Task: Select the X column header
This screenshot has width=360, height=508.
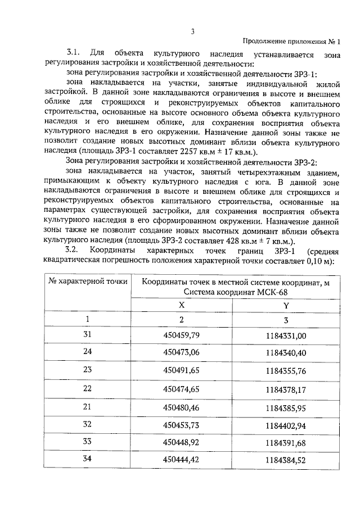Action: [181, 305]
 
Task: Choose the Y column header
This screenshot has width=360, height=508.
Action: [286, 305]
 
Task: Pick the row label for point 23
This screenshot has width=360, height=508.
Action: [87, 370]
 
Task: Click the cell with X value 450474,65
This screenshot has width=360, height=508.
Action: [181, 388]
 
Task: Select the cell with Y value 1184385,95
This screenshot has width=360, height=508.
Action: [286, 406]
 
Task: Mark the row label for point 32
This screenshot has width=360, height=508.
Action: [87, 424]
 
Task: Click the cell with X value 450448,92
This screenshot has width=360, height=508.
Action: [181, 442]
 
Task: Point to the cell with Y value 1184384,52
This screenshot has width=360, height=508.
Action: [286, 460]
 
